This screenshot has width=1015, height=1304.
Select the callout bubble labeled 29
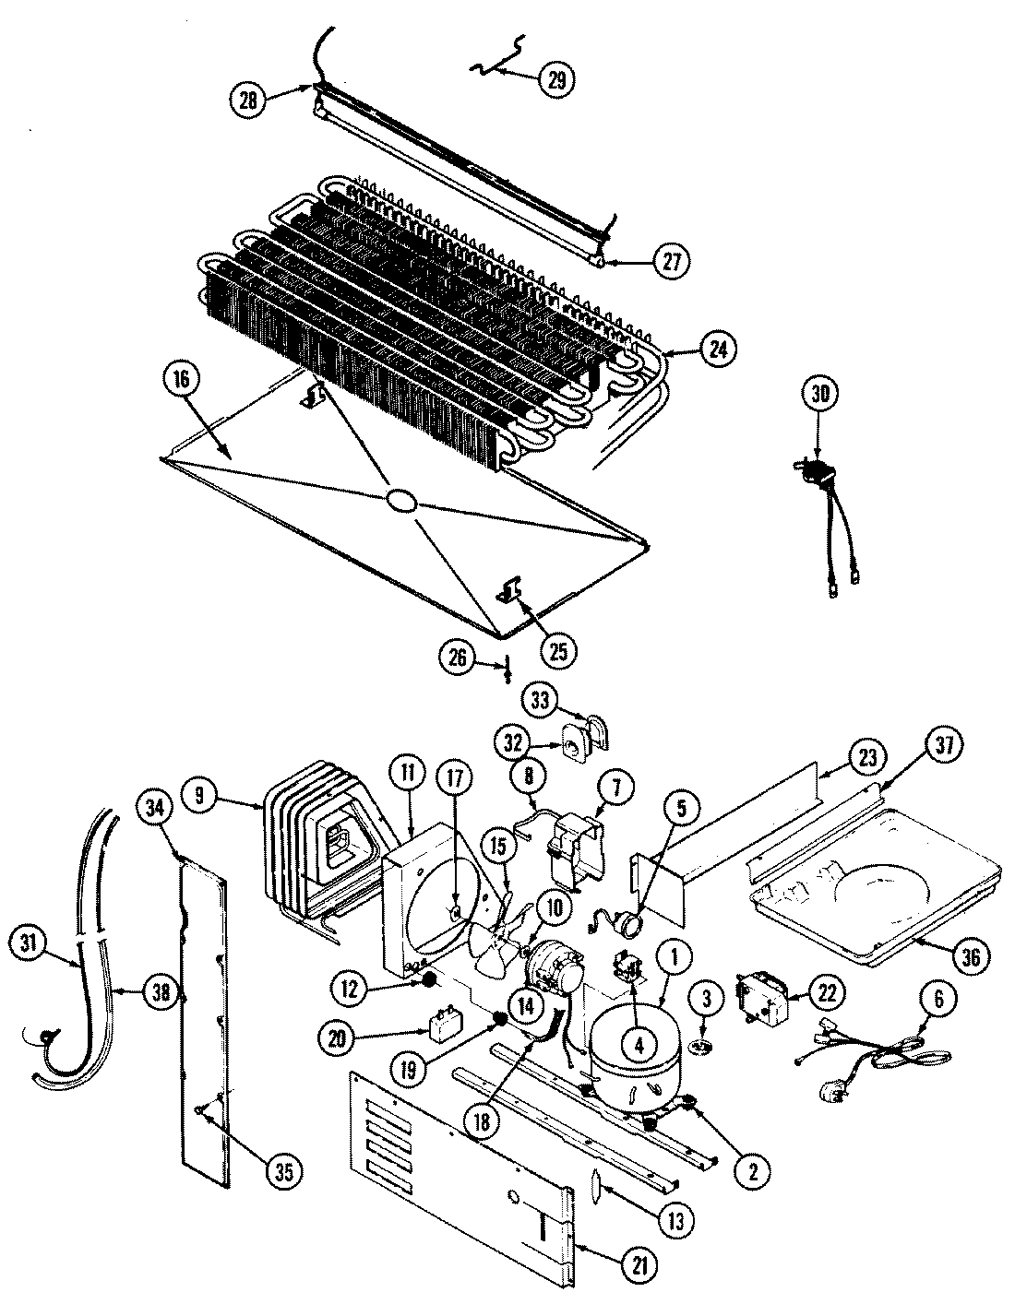[556, 77]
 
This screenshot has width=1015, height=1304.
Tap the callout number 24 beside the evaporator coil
[719, 350]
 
